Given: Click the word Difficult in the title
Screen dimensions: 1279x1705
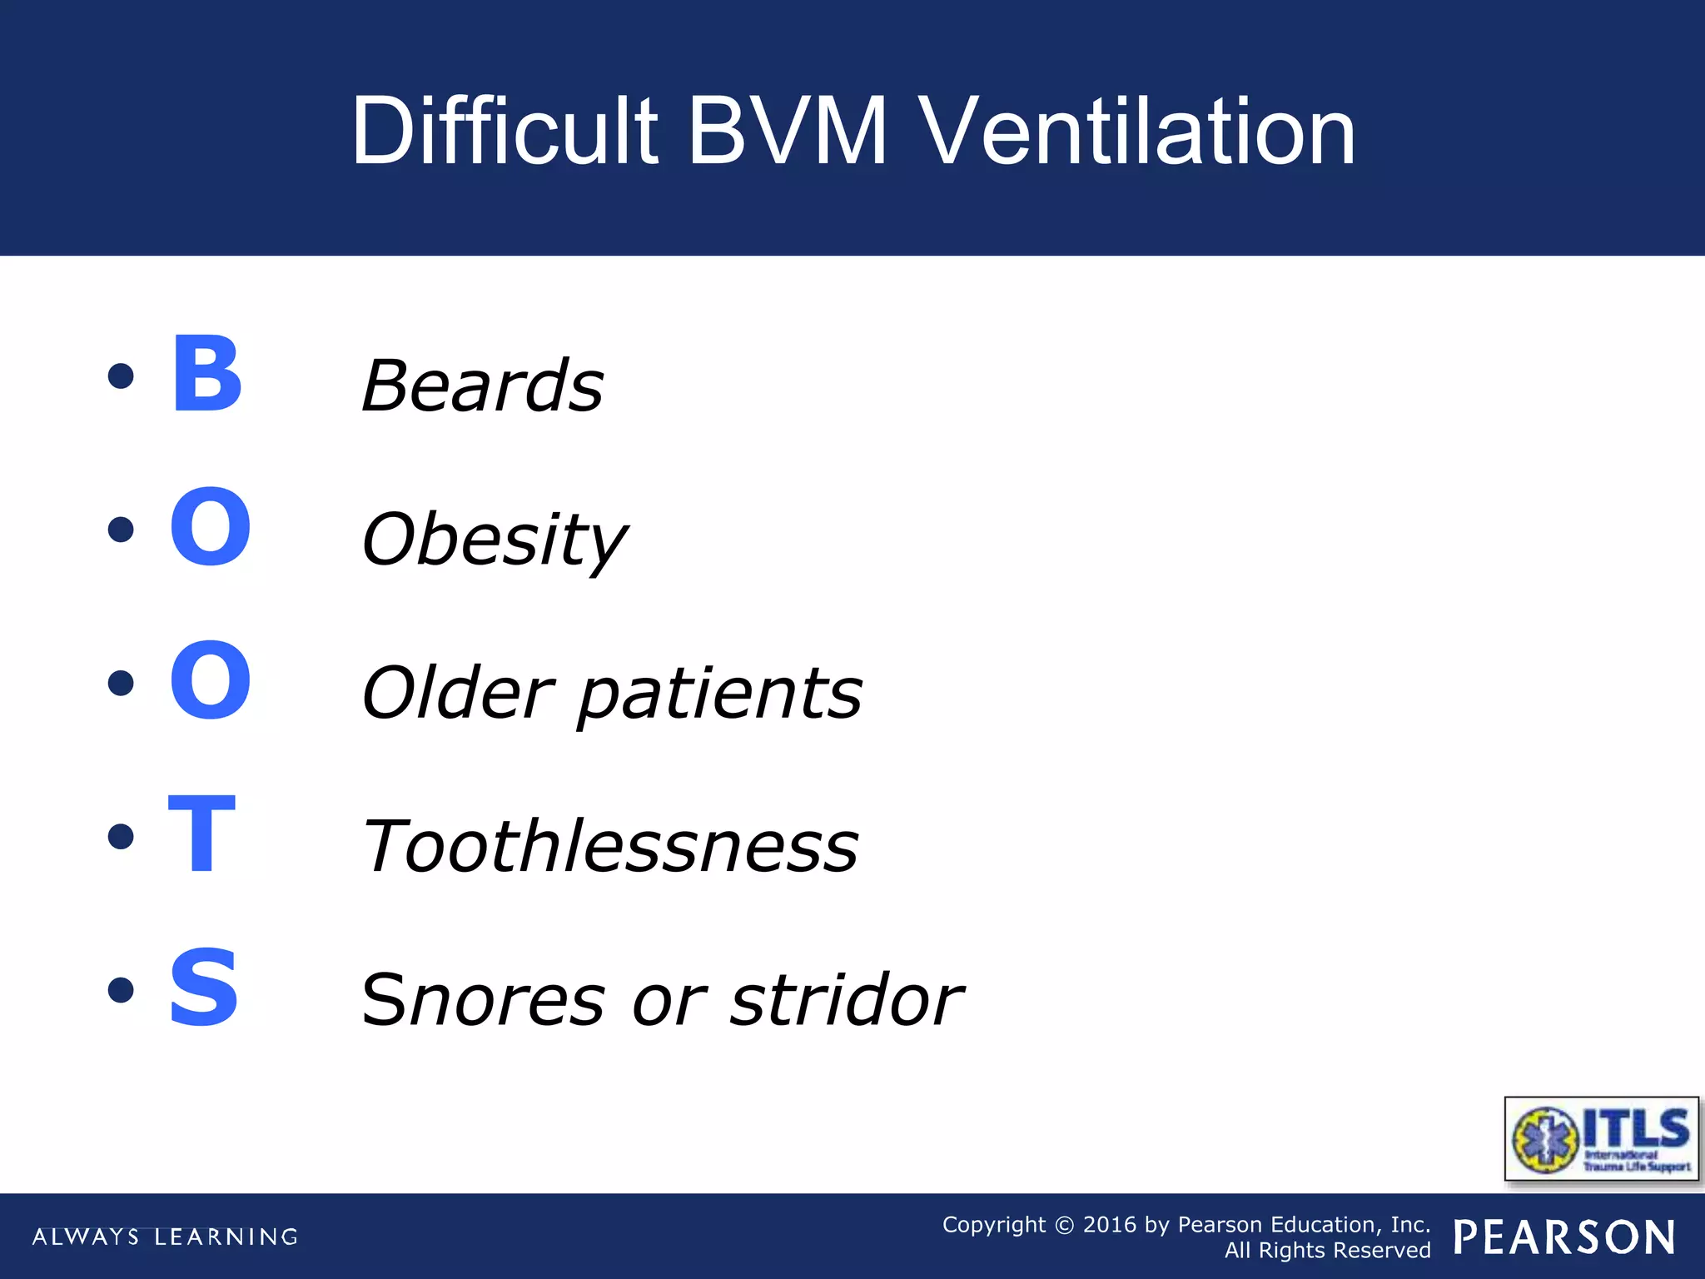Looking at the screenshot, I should [x=505, y=132].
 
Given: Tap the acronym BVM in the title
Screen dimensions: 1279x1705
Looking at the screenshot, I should [x=788, y=132].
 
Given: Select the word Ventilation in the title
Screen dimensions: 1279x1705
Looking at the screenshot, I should [x=1139, y=132].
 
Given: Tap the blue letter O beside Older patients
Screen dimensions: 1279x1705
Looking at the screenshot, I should [x=210, y=680].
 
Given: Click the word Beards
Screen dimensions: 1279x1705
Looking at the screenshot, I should [x=483, y=386].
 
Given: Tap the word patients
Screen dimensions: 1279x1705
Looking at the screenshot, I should [x=720, y=694].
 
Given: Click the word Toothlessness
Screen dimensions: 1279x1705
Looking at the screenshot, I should [x=610, y=847].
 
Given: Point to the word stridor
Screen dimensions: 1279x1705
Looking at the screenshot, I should [x=846, y=1000].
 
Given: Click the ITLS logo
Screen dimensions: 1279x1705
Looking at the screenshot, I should [x=1602, y=1138].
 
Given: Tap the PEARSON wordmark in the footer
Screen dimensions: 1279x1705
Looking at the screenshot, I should [x=1564, y=1237].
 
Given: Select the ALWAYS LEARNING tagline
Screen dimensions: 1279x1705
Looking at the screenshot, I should [x=165, y=1237].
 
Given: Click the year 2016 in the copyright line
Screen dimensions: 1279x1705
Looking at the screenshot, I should [x=1109, y=1225].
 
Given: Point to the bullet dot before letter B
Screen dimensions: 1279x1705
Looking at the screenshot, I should [x=122, y=376].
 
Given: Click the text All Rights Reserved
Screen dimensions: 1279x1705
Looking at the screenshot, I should [x=1327, y=1250].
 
